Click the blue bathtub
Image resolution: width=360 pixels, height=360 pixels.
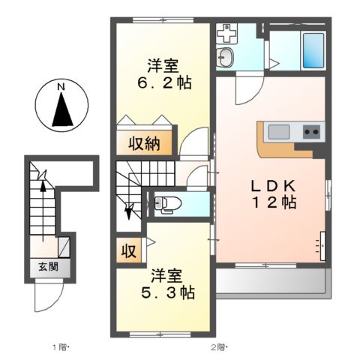[x=313, y=51]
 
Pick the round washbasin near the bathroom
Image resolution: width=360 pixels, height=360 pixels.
[x=226, y=56]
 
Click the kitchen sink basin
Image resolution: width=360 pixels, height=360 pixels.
[x=279, y=132]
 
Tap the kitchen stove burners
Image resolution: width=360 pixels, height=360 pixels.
[x=311, y=132]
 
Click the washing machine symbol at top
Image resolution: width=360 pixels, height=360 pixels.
[x=226, y=33]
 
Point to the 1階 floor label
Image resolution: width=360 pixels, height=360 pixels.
[x=60, y=346]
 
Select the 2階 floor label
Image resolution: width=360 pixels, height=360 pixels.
[x=217, y=346]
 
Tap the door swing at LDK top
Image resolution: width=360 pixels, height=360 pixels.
[x=246, y=90]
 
